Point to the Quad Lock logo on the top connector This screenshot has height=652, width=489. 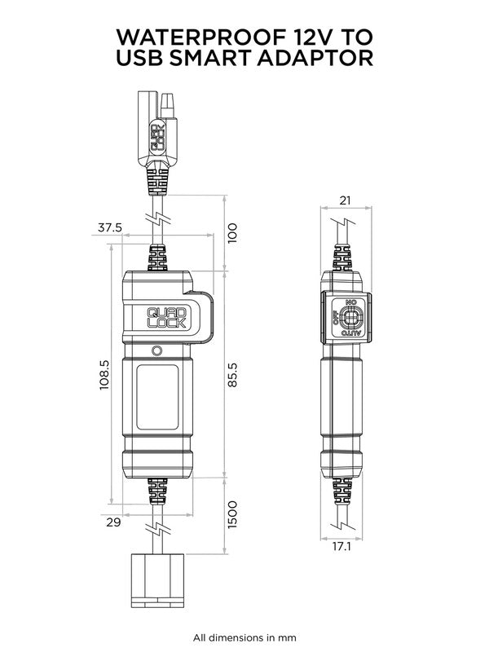pos(159,135)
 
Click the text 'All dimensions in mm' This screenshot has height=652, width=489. pos(244,637)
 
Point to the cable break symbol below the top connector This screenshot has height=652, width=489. pos(158,218)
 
